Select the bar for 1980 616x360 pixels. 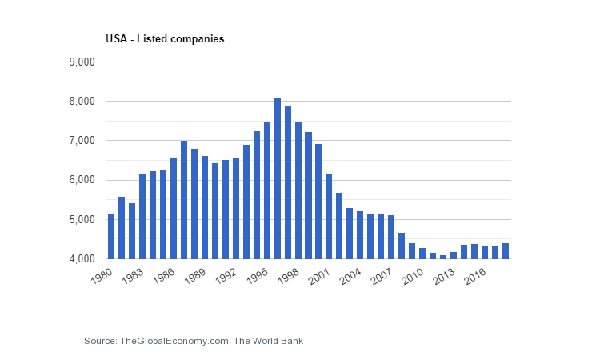[111, 237]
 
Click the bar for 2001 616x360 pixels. [330, 217]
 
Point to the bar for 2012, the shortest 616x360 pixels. [443, 257]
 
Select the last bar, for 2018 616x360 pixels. [506, 251]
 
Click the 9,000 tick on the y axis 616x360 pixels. [84, 62]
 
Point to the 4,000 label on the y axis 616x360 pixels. [84, 259]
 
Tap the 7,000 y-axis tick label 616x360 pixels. [84, 141]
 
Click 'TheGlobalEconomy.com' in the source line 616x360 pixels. [174, 342]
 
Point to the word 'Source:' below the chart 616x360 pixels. [100, 342]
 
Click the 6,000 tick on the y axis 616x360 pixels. [84, 180]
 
